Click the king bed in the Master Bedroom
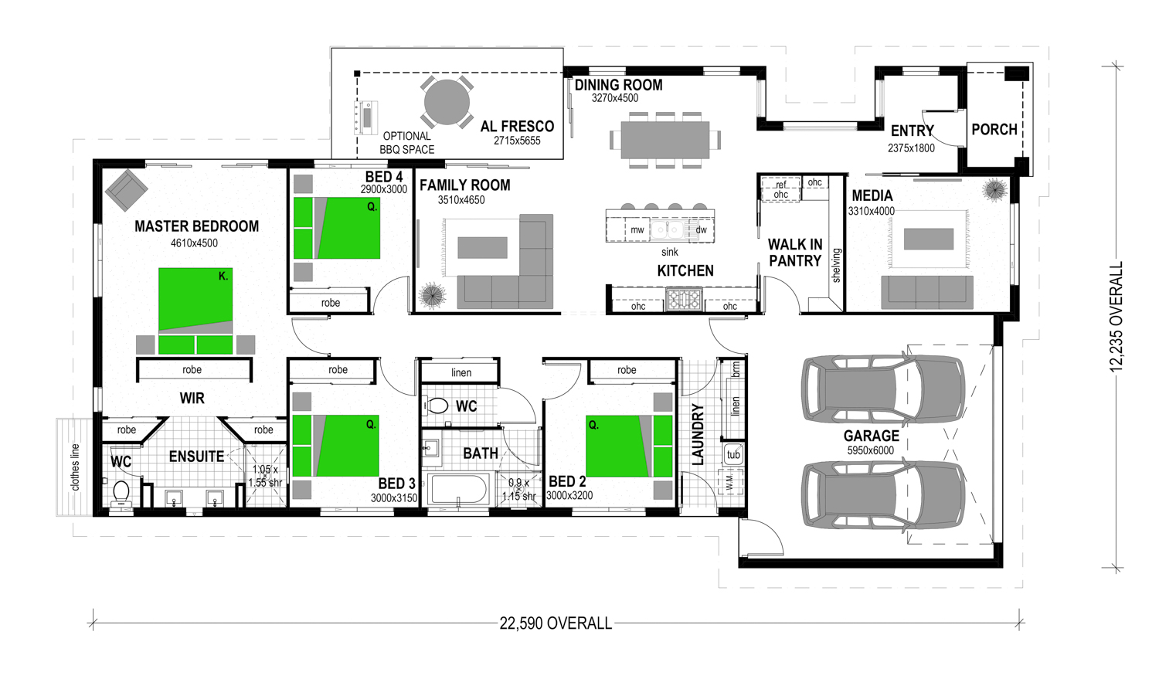coord(195,311)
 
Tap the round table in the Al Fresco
coord(447,103)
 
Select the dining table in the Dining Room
coord(664,140)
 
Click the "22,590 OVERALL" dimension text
coord(556,623)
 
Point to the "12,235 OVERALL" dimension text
coord(1116,317)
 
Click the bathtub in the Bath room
coord(459,489)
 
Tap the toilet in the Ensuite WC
coord(121,494)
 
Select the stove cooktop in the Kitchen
coord(684,299)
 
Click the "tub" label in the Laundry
coord(733,454)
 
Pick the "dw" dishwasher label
coord(701,229)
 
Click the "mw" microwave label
coord(637,230)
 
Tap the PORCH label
coord(994,129)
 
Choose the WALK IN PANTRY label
coord(795,253)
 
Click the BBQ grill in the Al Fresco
coord(365,118)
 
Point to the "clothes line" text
coord(76,467)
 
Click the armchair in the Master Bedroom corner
coord(126,190)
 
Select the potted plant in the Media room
coord(994,190)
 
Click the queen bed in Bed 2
coord(629,446)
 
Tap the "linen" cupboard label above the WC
coord(461,372)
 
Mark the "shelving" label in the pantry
coord(836,265)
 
